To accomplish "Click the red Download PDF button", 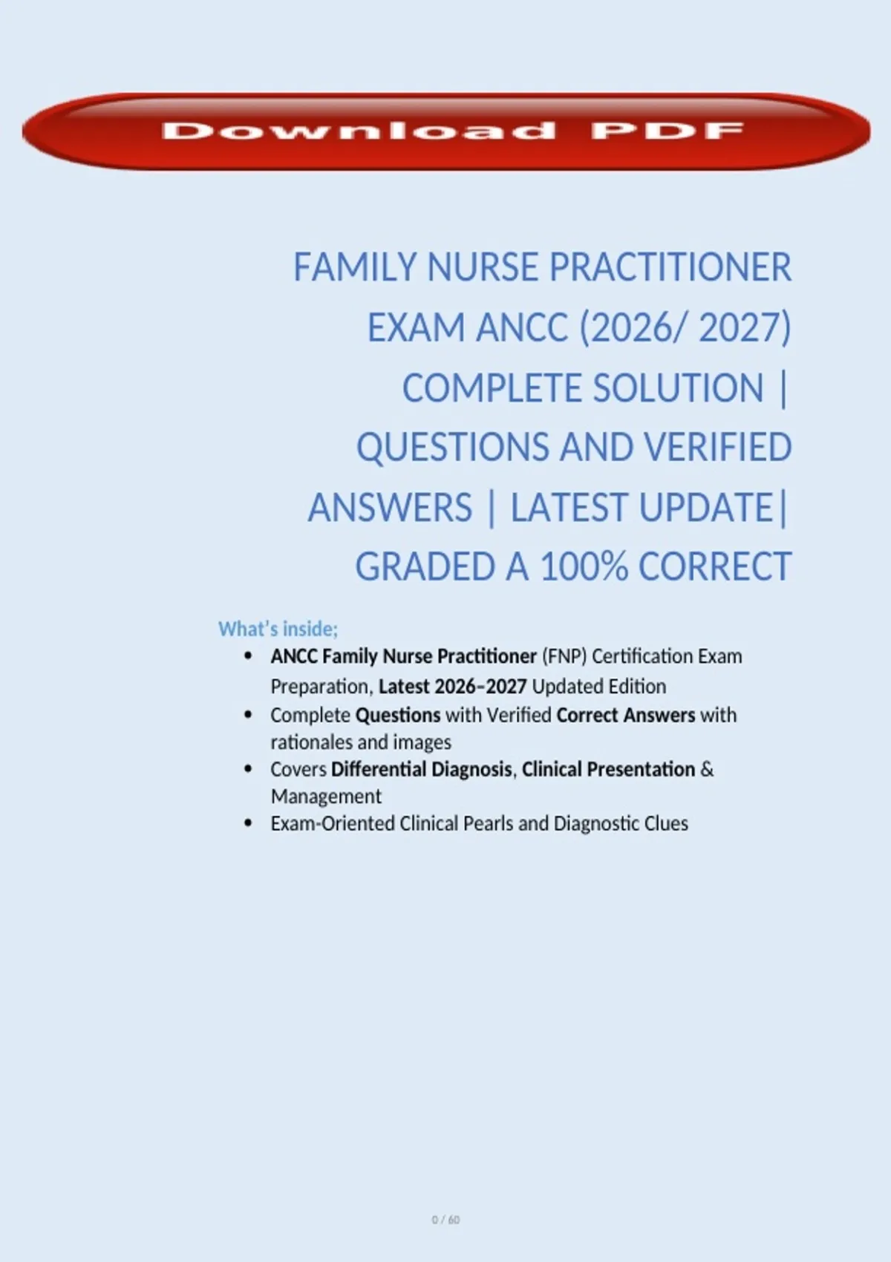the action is pyautogui.click(x=446, y=131).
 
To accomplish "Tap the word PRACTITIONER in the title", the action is pyautogui.click(x=670, y=267).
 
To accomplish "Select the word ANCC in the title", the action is pyautogui.click(x=522, y=327).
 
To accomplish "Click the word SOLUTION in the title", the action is pyautogui.click(x=679, y=388).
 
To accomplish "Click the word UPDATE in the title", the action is pyautogui.click(x=706, y=507).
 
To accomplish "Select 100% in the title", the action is pyautogui.click(x=584, y=566).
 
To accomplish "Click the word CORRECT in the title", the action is pyautogui.click(x=715, y=566).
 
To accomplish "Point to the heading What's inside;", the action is pyautogui.click(x=278, y=629).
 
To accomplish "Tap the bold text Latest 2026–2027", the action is pyautogui.click(x=452, y=686).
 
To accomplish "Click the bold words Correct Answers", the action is pyautogui.click(x=626, y=715).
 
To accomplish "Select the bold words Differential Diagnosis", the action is pyautogui.click(x=421, y=769).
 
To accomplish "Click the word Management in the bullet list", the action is pyautogui.click(x=326, y=796).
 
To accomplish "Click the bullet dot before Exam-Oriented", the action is pyautogui.click(x=248, y=823).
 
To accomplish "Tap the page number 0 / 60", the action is pyautogui.click(x=446, y=1220).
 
